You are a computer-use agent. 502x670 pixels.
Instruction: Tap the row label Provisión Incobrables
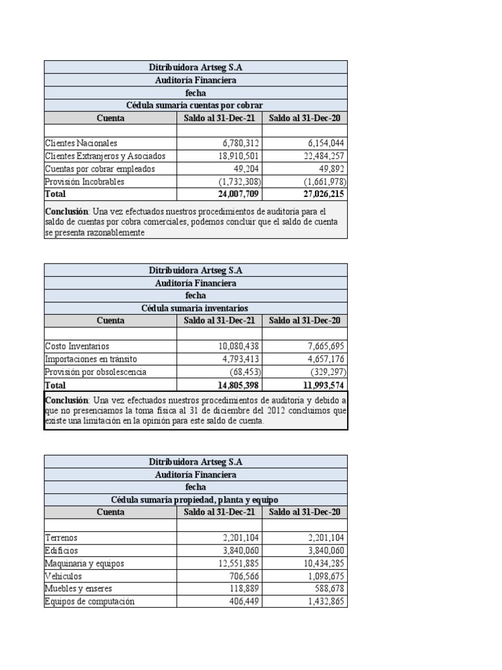(x=84, y=181)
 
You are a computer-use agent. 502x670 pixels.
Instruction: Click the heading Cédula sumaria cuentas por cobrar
(x=195, y=105)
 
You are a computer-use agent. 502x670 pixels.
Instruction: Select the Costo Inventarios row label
(x=77, y=346)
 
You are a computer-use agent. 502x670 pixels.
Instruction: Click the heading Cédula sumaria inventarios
(x=195, y=308)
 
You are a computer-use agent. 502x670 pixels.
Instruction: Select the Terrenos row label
(x=61, y=538)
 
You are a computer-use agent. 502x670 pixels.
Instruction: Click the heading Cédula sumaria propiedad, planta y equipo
(x=195, y=500)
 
